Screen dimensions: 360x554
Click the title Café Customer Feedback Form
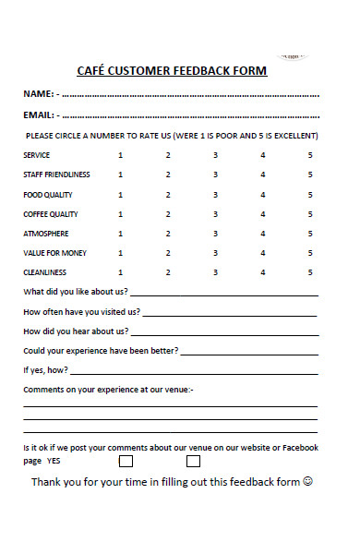pyautogui.click(x=172, y=71)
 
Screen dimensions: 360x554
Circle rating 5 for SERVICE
pyautogui.click(x=310, y=154)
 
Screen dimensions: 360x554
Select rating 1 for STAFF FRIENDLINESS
pyautogui.click(x=120, y=175)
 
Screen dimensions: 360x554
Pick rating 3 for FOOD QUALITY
pyautogui.click(x=215, y=195)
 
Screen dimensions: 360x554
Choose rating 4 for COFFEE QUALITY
pyautogui.click(x=263, y=214)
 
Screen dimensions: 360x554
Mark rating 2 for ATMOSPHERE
pyautogui.click(x=168, y=234)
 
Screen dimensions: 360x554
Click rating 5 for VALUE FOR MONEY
pyautogui.click(x=310, y=253)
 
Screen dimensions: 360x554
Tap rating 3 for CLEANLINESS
pyautogui.click(x=215, y=272)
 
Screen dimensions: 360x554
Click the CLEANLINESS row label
pyautogui.click(x=45, y=272)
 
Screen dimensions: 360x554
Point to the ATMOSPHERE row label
pyautogui.click(x=45, y=234)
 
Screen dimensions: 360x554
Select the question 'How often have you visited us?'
pyautogui.click(x=81, y=312)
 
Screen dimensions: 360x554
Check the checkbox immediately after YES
pyautogui.click(x=126, y=460)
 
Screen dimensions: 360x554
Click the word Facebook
pyautogui.click(x=297, y=448)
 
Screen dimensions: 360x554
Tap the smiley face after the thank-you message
pyautogui.click(x=309, y=482)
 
